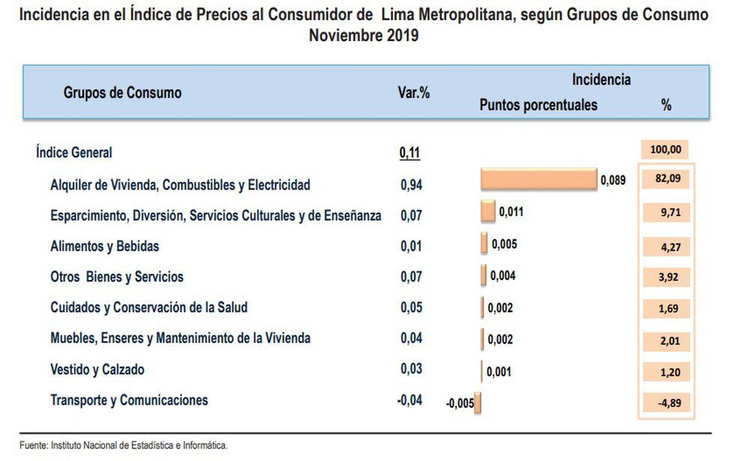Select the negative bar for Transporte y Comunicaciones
pyautogui.click(x=477, y=403)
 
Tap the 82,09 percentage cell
pyautogui.click(x=666, y=180)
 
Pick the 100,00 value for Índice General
pyautogui.click(x=665, y=150)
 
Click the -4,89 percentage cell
pyautogui.click(x=666, y=403)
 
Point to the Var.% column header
pyautogui.click(x=413, y=94)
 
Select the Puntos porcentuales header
pyautogui.click(x=538, y=105)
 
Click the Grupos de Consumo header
pyautogui.click(x=122, y=94)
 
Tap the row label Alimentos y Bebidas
pyautogui.click(x=104, y=246)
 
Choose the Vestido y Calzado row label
pyautogui.click(x=97, y=370)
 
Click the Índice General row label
pyautogui.click(x=73, y=153)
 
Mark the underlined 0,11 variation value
pyautogui.click(x=410, y=153)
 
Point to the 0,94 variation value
pyautogui.click(x=410, y=185)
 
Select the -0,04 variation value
pyautogui.click(x=409, y=400)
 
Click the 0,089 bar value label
pyautogui.click(x=613, y=180)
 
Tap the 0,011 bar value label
pyautogui.click(x=511, y=212)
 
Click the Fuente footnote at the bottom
pyautogui.click(x=124, y=445)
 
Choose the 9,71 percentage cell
pyautogui.click(x=666, y=212)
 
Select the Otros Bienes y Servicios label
pyautogui.click(x=116, y=277)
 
